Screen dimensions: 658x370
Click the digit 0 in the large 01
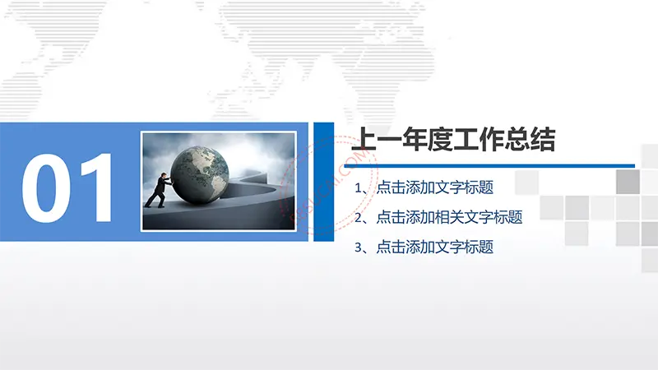tap(46, 188)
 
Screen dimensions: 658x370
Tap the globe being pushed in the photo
tap(200, 175)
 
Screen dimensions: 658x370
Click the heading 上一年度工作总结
tap(454, 140)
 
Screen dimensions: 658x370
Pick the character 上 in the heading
tap(364, 140)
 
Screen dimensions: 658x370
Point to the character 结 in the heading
tap(544, 140)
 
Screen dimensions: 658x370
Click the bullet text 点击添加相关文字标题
tap(449, 217)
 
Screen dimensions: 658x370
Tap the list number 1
tap(359, 188)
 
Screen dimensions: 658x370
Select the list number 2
tap(359, 218)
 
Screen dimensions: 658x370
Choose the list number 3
tap(359, 247)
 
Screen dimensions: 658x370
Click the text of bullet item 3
tap(434, 247)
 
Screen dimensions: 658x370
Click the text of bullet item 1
tap(434, 187)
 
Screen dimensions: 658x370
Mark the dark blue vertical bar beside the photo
tap(324, 182)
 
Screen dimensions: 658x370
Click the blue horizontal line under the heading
tap(489, 166)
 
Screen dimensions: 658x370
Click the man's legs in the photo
tap(155, 198)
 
